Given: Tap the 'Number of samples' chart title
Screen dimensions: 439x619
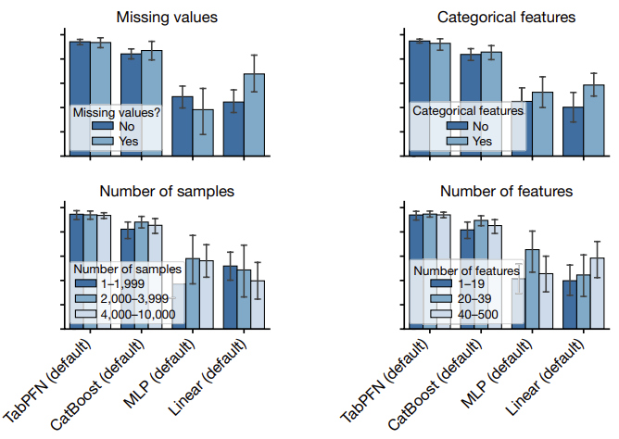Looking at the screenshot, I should (167, 192).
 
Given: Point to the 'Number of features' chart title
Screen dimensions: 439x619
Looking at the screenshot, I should (506, 192).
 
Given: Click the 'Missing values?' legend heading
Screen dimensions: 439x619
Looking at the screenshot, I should (118, 111).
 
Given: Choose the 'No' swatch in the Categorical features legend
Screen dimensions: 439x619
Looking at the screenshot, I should (456, 126).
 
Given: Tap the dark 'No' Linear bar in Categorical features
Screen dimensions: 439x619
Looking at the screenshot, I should (573, 129).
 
